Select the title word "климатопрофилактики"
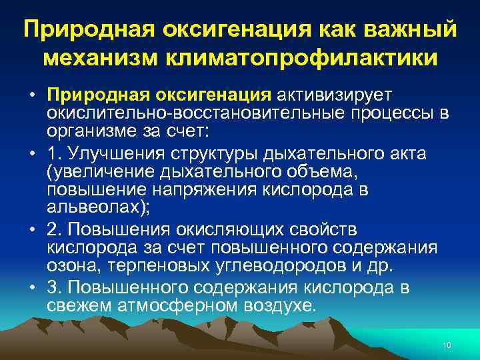click(307, 57)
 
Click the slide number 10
click(447, 345)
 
